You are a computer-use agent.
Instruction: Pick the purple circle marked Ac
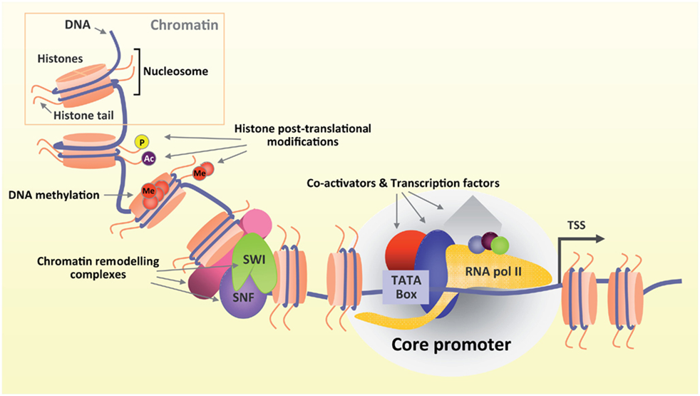pyautogui.click(x=149, y=158)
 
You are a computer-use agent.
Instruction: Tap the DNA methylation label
pyautogui.click(x=55, y=194)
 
